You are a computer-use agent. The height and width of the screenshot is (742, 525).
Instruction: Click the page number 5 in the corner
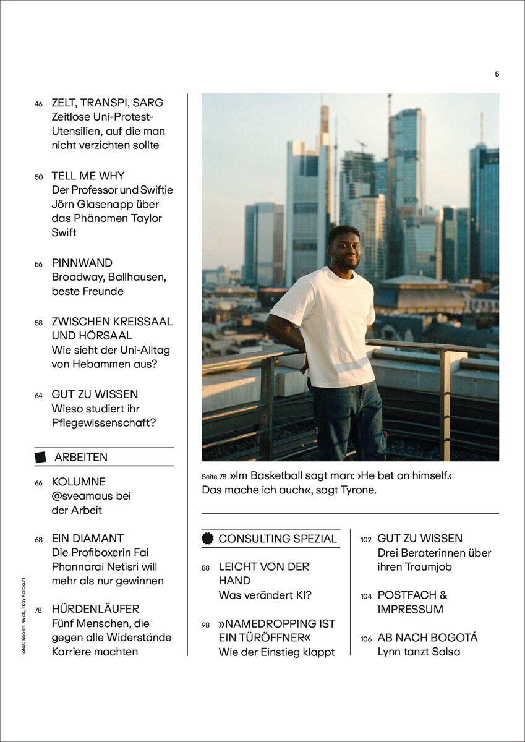pyautogui.click(x=497, y=74)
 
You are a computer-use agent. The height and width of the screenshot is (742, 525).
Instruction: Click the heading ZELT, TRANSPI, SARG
pyautogui.click(x=107, y=103)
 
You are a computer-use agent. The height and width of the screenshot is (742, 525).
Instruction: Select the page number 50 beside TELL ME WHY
pyautogui.click(x=38, y=177)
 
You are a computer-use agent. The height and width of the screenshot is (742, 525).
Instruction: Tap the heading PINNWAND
pyautogui.click(x=82, y=263)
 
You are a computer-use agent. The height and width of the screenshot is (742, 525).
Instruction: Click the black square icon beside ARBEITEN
pyautogui.click(x=40, y=458)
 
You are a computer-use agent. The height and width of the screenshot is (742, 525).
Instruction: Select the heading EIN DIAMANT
pyautogui.click(x=87, y=539)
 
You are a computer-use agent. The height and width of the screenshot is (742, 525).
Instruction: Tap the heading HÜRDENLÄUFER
pyautogui.click(x=95, y=609)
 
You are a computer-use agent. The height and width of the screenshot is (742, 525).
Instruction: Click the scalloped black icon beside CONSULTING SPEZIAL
pyautogui.click(x=208, y=539)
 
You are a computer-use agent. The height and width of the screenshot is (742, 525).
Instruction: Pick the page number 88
pyautogui.click(x=206, y=568)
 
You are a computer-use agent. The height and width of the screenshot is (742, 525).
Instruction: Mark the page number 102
pyautogui.click(x=366, y=540)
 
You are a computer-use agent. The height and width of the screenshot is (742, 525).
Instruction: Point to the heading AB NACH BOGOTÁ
pyautogui.click(x=427, y=638)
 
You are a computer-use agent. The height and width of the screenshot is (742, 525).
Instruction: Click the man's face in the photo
pyautogui.click(x=344, y=247)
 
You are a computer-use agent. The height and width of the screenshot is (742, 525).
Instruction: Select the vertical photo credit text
pyautogui.click(x=23, y=616)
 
